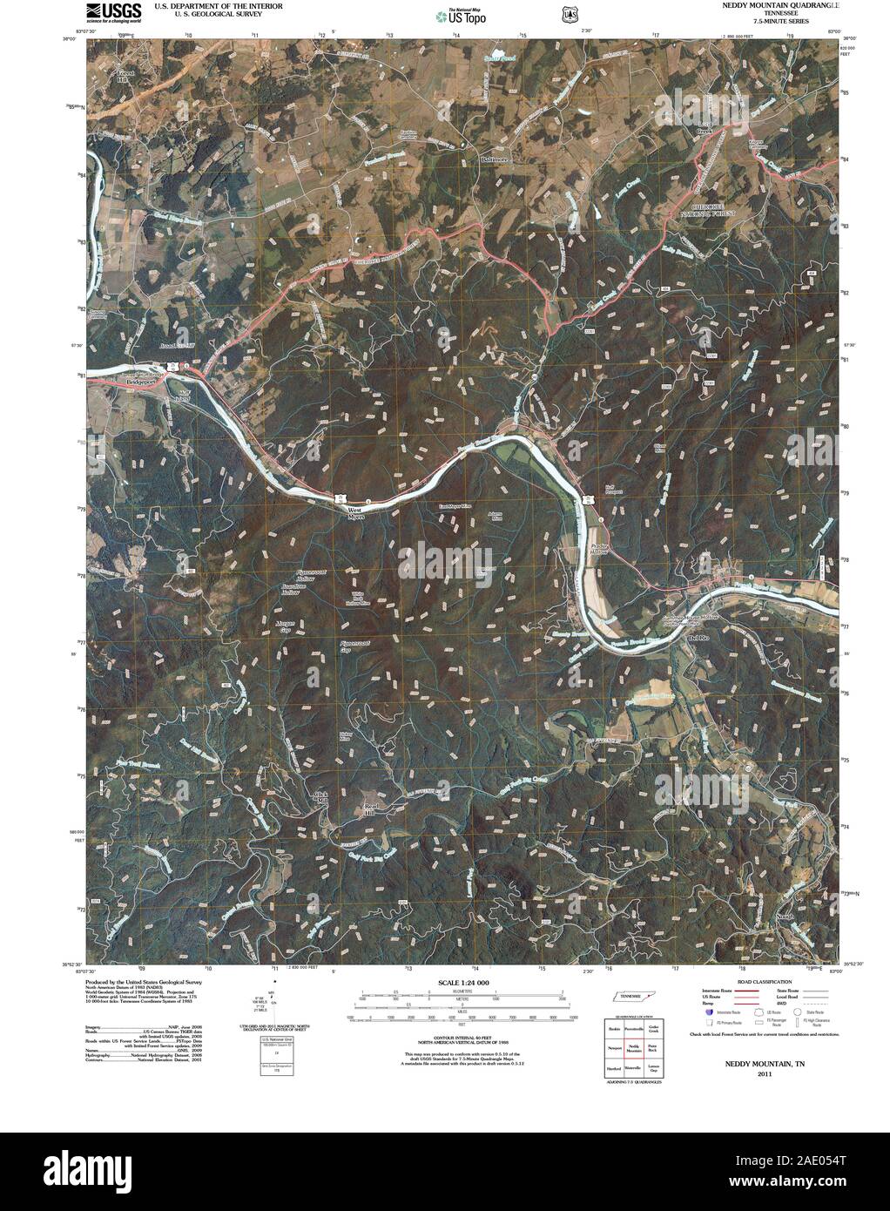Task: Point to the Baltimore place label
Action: (494, 160)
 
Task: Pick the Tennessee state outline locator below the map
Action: (634, 996)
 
